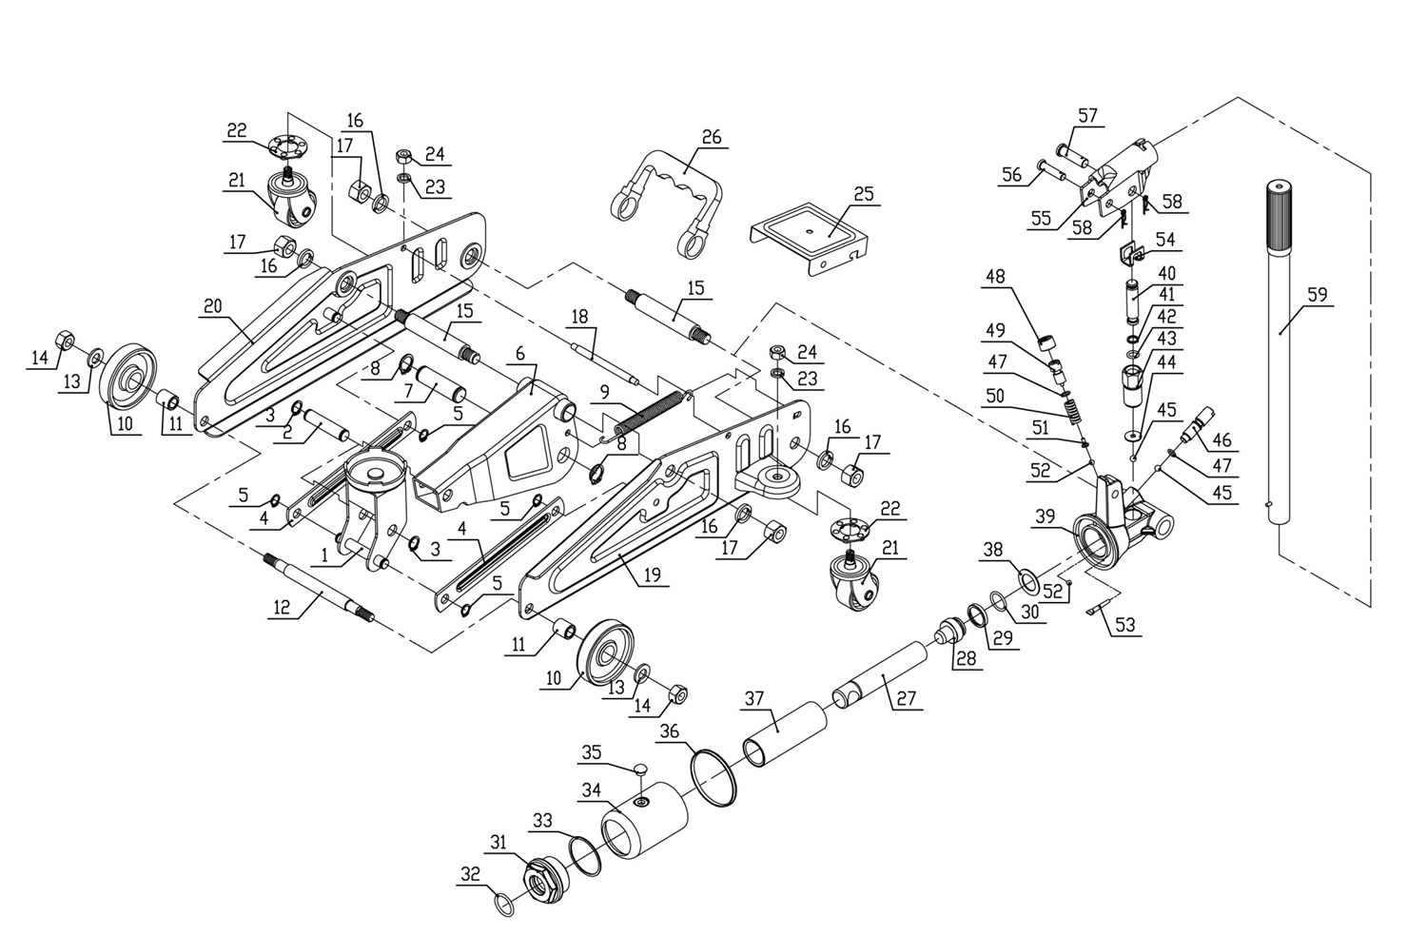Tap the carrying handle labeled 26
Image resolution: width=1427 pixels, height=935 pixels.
(666, 195)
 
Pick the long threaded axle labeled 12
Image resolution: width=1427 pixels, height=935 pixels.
(319, 590)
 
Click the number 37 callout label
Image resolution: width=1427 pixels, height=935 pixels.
(753, 698)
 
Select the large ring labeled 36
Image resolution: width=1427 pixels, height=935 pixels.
(714, 775)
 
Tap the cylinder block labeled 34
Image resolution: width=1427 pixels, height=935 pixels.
(647, 823)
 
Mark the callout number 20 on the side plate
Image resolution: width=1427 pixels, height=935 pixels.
(211, 306)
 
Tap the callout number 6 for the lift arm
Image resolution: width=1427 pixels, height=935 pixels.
(520, 353)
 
